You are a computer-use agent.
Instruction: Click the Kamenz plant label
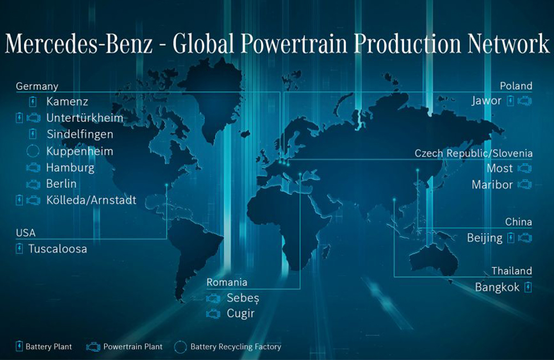[x=67, y=102]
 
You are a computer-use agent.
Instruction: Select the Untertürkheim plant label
[x=85, y=118]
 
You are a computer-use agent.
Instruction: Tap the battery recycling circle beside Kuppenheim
[x=33, y=151]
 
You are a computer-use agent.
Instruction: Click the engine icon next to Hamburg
[x=33, y=167]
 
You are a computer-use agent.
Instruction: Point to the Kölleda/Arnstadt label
[x=91, y=200]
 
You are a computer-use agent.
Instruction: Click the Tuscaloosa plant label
[x=58, y=249]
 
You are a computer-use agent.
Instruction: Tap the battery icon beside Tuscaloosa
[x=19, y=249]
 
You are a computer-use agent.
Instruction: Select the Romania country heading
[x=227, y=282]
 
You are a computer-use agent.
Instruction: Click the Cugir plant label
[x=240, y=313]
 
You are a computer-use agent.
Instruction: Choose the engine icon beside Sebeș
[x=213, y=299]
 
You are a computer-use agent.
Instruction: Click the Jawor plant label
[x=486, y=101]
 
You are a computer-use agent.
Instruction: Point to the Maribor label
[x=492, y=184]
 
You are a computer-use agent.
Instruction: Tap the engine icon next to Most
[x=525, y=168]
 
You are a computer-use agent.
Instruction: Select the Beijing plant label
[x=485, y=238]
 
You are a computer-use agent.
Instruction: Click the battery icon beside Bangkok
[x=528, y=287]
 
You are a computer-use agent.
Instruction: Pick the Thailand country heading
[x=512, y=271]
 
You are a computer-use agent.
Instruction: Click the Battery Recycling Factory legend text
[x=235, y=347]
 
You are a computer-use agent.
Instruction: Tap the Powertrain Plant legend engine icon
[x=93, y=347]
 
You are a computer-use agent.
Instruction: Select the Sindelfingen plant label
[x=80, y=135]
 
